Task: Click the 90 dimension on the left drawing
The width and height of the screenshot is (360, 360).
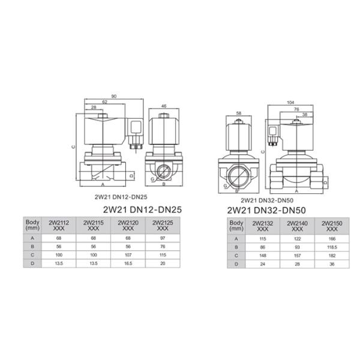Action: click(x=114, y=97)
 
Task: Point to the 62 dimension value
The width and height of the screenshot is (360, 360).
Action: click(x=104, y=102)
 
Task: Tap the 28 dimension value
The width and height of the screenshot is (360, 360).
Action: click(x=94, y=107)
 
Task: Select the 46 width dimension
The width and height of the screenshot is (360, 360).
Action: click(x=164, y=106)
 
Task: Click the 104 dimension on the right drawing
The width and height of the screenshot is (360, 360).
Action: click(x=290, y=103)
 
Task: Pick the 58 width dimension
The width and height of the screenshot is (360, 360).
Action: click(x=239, y=113)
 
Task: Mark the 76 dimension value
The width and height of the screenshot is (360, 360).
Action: click(x=296, y=109)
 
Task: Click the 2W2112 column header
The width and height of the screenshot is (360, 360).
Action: click(x=59, y=226)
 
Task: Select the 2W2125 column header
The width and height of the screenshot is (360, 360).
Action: click(x=163, y=226)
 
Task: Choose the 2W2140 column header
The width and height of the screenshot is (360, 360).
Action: click(x=298, y=226)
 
